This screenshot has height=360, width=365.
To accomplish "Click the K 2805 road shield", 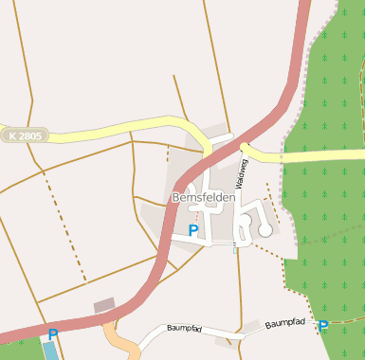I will tap(25, 136).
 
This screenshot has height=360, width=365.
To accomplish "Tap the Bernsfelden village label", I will tap(204, 197).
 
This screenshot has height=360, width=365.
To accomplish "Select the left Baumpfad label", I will tap(184, 328).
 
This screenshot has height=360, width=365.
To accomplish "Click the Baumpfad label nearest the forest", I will tap(283, 324).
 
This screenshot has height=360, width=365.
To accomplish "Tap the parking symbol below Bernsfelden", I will tap(193, 229).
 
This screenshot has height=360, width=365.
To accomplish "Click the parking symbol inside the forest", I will tap(323, 326).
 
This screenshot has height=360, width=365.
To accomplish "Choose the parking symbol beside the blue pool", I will tap(53, 333).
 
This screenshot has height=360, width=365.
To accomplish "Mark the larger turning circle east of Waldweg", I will tap(265, 230).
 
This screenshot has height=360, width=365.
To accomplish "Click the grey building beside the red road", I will tap(104, 305).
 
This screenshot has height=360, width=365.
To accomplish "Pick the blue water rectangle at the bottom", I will tap(50, 351).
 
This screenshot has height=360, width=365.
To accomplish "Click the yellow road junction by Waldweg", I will tap(245, 147).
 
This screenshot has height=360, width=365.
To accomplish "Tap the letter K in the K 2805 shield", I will tap(12, 136).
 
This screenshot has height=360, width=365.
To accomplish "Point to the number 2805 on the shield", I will tap(30, 136).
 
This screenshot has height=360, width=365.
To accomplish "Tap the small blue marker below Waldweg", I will tap(235, 248).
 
